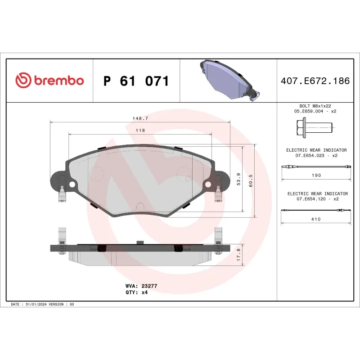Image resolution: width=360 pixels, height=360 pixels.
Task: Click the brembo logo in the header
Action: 49,81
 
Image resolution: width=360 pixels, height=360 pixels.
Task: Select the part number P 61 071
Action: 136,81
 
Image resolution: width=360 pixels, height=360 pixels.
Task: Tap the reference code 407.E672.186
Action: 315,81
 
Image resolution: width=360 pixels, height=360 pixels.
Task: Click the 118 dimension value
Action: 140,130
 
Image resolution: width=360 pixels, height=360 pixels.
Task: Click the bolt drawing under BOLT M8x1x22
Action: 313,127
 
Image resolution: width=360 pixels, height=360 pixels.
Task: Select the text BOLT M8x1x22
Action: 315,105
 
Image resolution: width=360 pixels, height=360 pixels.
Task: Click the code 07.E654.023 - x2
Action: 316,155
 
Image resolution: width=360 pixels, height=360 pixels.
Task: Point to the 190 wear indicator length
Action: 316,175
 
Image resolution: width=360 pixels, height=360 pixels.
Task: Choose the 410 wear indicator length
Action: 316,219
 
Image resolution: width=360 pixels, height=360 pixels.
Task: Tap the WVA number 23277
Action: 149,286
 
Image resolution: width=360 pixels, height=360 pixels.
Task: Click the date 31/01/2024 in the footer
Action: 36,305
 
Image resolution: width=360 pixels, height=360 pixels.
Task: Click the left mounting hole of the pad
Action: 72,184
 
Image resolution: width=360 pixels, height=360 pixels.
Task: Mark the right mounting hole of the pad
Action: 208,184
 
